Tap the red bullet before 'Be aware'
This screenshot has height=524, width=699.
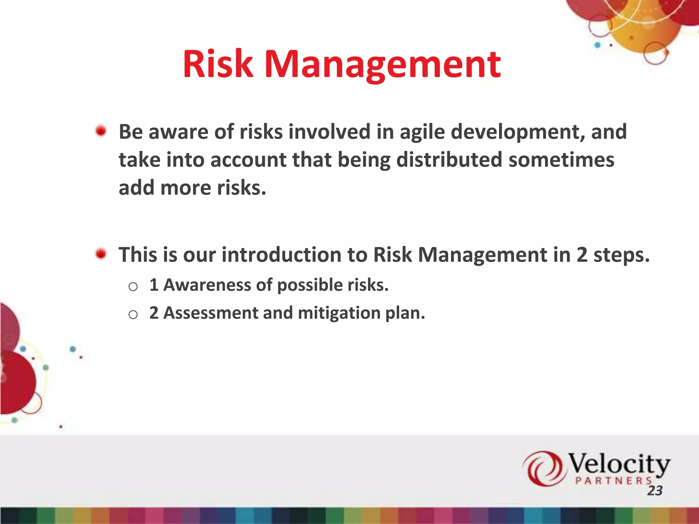101,131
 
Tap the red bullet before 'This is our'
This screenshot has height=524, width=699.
101,254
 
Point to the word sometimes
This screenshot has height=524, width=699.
561,160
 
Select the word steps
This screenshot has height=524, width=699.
621,256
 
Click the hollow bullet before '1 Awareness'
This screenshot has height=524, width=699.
133,287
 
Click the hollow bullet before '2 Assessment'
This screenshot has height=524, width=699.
133,314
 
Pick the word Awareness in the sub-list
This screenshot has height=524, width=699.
207,285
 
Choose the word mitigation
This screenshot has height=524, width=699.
339,313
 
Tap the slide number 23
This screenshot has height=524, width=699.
655,491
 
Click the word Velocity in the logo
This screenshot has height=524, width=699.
618,464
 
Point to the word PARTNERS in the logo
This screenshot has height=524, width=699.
613,481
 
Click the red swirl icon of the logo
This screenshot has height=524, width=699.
543,468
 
